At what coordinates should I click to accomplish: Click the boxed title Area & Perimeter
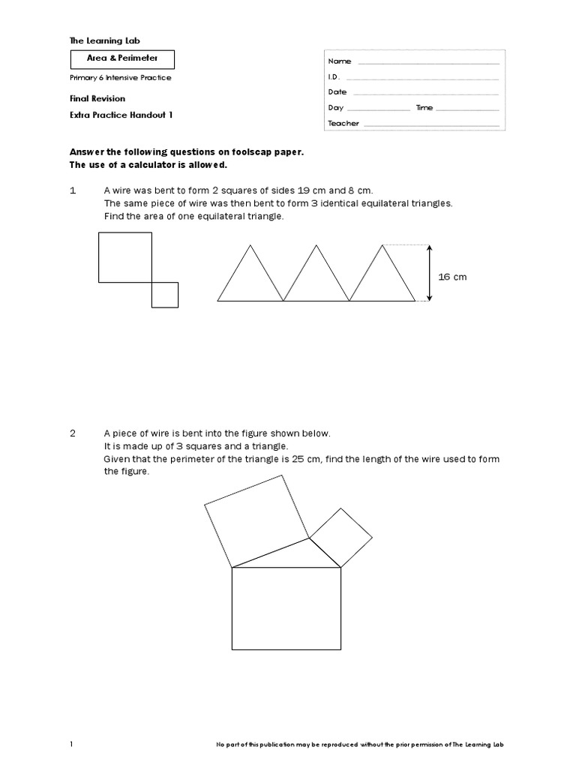point(122,58)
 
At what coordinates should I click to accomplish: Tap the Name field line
point(428,61)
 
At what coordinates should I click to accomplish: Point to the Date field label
point(337,92)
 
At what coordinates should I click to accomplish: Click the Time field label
point(424,108)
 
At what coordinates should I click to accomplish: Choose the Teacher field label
point(343,124)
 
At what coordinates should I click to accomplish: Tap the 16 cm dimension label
point(452,277)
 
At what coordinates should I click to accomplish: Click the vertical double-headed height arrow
point(429,273)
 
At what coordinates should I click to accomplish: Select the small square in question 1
point(165,295)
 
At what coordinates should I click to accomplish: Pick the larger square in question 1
point(125,257)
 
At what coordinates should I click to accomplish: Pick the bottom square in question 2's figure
point(286,608)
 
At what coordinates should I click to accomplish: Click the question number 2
point(73,433)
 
